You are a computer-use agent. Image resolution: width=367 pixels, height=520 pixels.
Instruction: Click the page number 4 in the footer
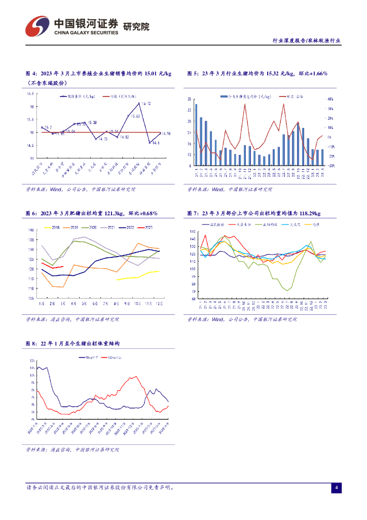pos(336,488)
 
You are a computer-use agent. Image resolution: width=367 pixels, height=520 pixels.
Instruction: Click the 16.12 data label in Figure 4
pos(146,104)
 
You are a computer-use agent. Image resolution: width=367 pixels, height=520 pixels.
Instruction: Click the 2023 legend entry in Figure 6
pos(146,227)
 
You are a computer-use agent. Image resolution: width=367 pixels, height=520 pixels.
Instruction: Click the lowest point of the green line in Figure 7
pos(287,290)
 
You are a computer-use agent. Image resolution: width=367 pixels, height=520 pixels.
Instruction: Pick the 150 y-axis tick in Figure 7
pos(192,232)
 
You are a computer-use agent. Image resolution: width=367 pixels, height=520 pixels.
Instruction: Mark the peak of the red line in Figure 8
pos(135,377)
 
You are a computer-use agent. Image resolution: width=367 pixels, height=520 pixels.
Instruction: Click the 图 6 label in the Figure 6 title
pos(31,213)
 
